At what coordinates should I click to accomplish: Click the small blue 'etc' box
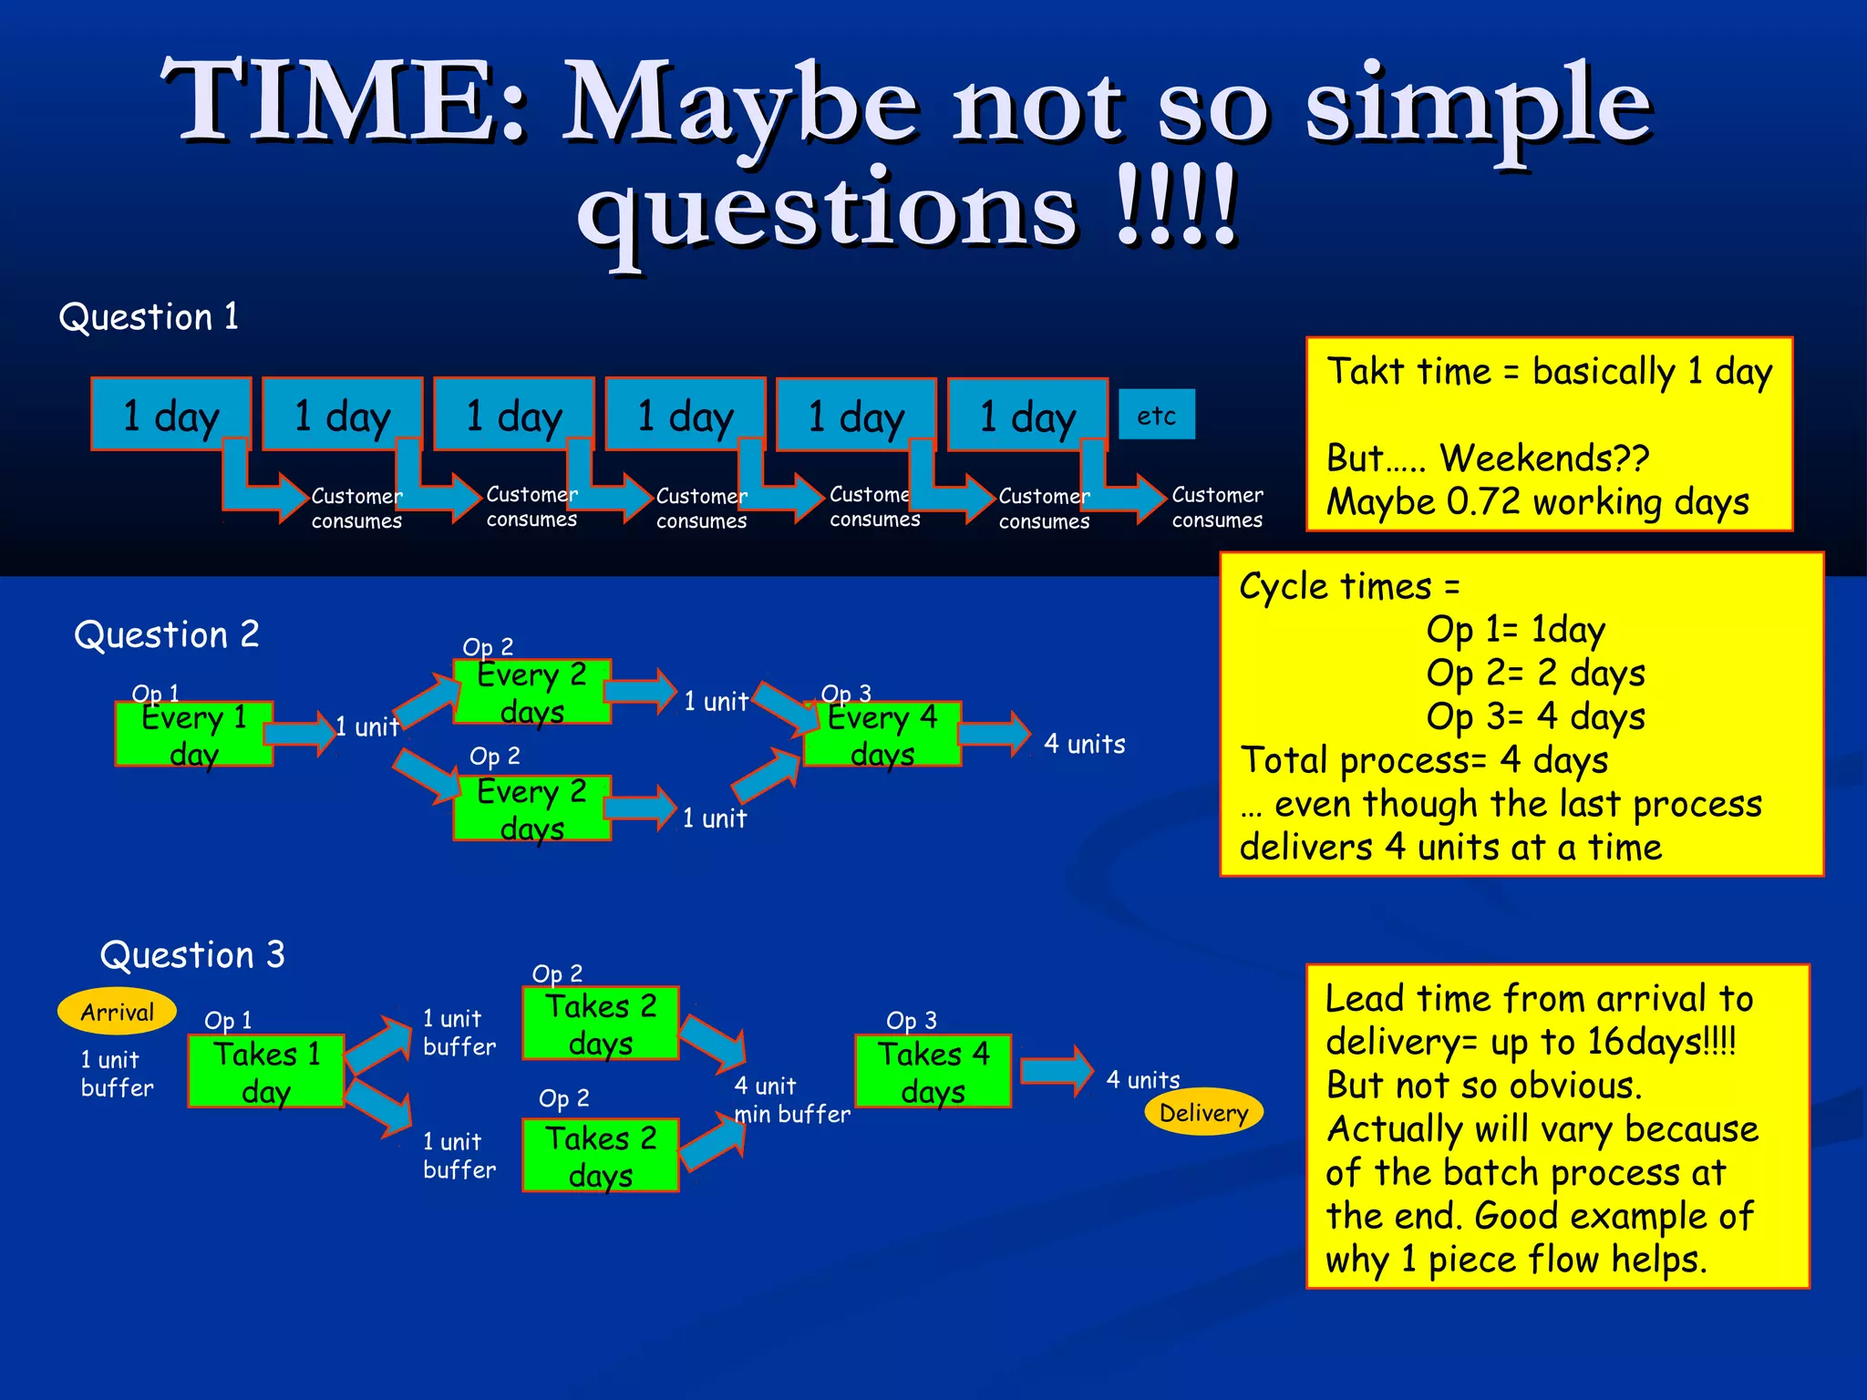pos(1156,415)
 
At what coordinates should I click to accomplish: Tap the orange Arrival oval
pos(117,1011)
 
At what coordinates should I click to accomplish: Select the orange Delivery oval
pos(1203,1111)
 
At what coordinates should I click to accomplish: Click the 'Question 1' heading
pos(149,317)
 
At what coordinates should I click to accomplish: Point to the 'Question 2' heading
pos(167,634)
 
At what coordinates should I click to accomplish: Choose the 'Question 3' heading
pos(192,955)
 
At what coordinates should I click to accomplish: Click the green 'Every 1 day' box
pos(193,735)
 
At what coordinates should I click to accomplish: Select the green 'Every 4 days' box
pos(882,735)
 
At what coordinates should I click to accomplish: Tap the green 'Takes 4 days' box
pos(933,1072)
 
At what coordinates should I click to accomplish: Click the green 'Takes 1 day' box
pos(265,1072)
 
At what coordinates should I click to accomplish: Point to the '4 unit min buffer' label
pos(791,1099)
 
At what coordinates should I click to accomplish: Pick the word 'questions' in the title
pos(828,211)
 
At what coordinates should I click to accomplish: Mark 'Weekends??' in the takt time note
pos(1544,458)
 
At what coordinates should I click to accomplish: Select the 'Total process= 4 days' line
pos(1424,759)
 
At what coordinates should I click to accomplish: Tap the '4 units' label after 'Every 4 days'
pos(1084,744)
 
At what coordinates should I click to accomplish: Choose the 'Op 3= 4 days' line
pos(1535,716)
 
